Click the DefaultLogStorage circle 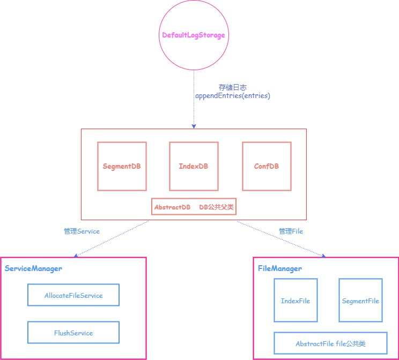click(194, 35)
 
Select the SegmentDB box click(122, 166)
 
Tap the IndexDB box click(194, 166)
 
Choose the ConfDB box click(267, 166)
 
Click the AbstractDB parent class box click(194, 207)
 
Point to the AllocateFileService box click(73, 295)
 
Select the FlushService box click(73, 333)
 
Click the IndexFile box click(295, 301)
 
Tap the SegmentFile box click(360, 301)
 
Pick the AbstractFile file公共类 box click(330, 343)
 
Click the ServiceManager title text click(33, 268)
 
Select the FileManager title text click(280, 268)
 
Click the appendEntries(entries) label click(232, 96)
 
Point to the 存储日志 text click(232, 87)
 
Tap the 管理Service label click(82, 231)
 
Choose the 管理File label click(291, 231)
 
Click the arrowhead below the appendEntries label click(194, 126)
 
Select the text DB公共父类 click(217, 207)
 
